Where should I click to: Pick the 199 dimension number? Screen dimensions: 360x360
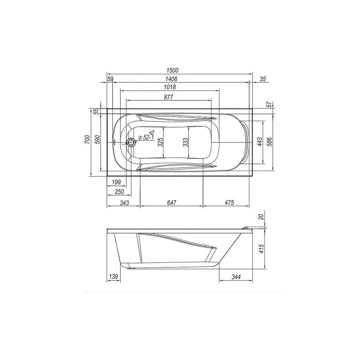117,182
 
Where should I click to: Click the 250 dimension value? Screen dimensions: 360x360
119,192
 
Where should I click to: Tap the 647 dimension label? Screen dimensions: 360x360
171,203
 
